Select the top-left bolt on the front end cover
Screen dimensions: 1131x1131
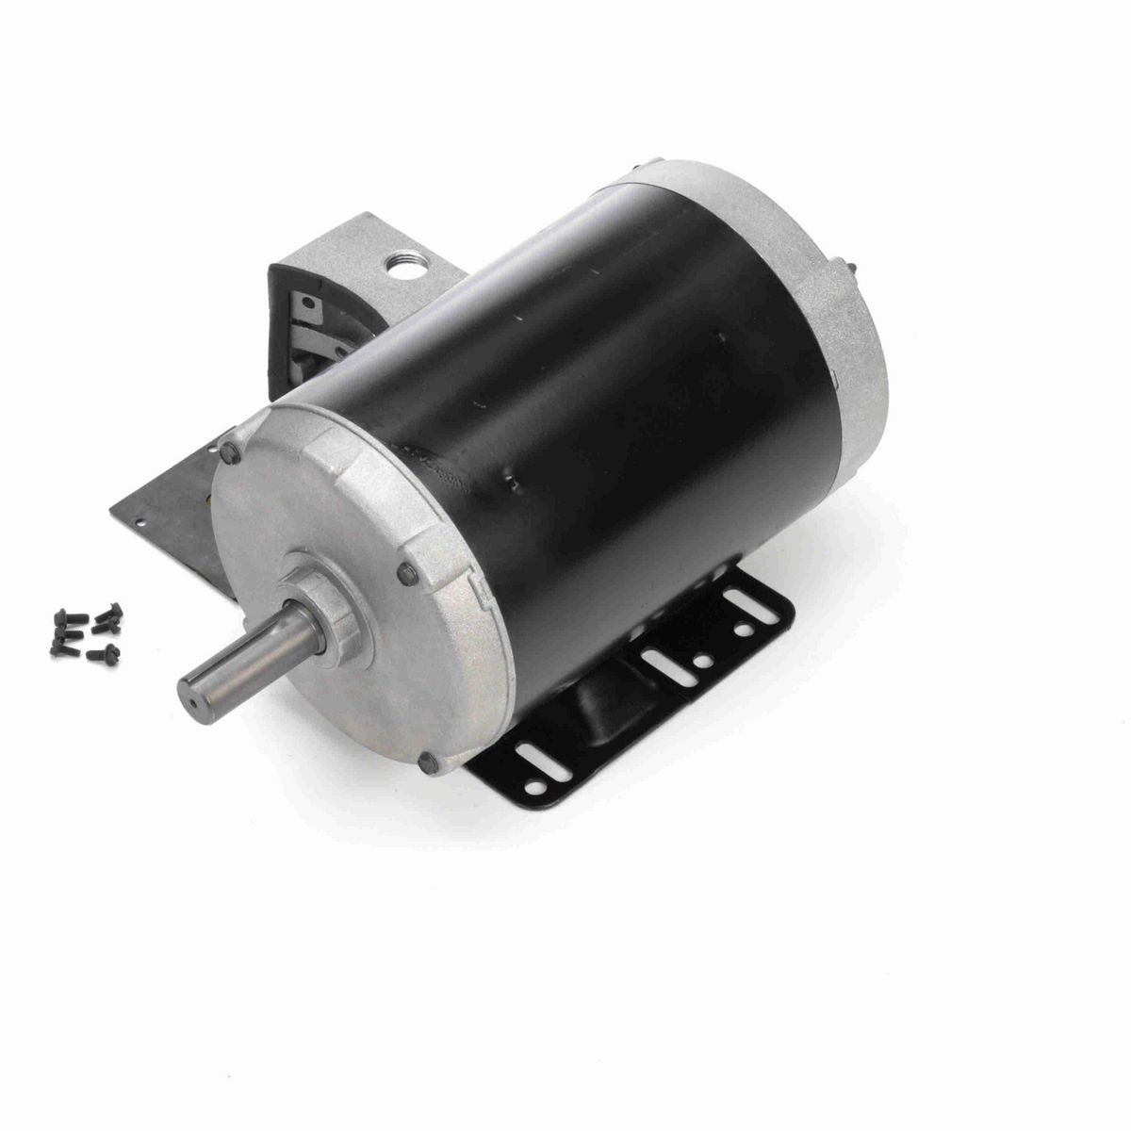229,453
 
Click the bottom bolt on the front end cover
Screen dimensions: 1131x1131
431,760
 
